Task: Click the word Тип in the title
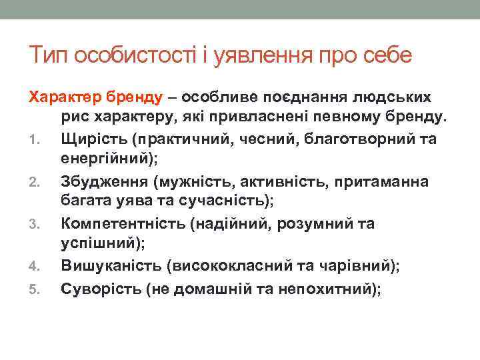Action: coord(49,55)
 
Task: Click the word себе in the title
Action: coord(387,55)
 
